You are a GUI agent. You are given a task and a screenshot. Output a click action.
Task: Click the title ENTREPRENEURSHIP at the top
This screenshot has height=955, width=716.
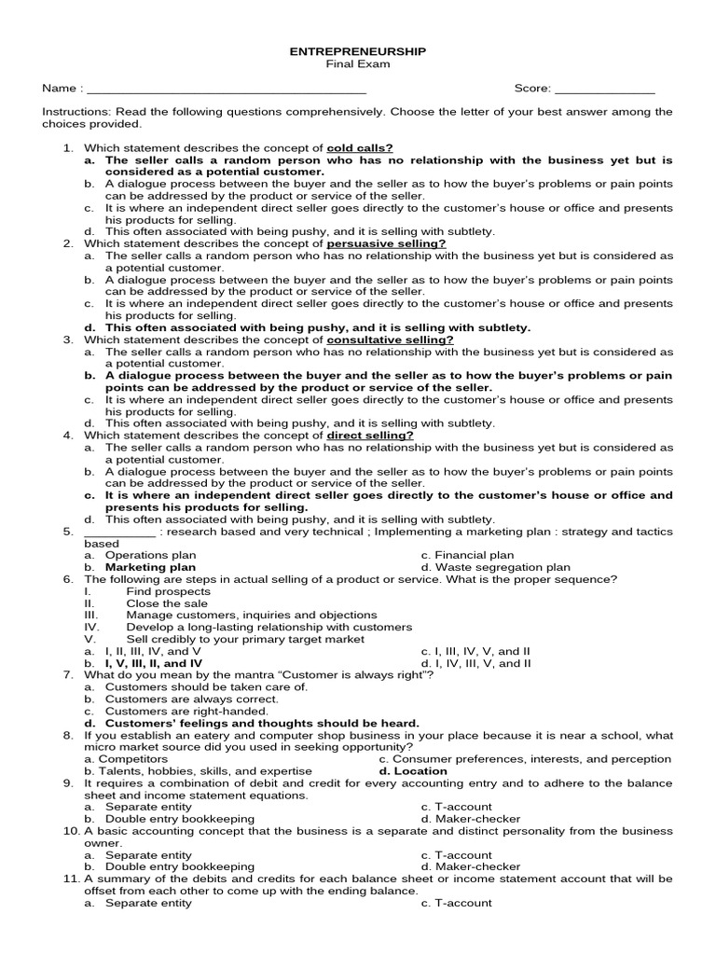[357, 52]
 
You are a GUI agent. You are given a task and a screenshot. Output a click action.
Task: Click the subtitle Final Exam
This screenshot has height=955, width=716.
[357, 64]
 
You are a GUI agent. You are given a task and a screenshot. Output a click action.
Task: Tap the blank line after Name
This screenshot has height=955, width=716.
[225, 90]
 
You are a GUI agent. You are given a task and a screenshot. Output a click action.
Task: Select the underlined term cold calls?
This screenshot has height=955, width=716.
[360, 148]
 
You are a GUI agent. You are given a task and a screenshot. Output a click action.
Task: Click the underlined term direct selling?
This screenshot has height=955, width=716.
[370, 435]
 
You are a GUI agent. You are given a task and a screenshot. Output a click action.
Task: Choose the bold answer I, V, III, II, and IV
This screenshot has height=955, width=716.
[153, 663]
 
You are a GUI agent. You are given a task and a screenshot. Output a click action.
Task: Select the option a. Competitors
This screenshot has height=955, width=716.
[126, 759]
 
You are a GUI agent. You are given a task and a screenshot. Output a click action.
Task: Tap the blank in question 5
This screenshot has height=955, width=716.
[119, 532]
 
